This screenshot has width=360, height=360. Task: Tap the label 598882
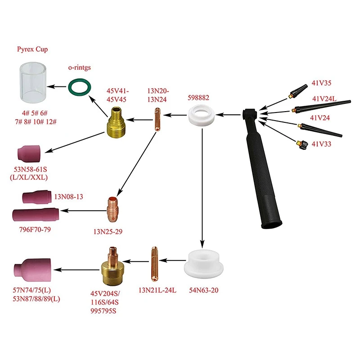(x=198, y=97)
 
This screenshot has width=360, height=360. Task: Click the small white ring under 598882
(x=202, y=115)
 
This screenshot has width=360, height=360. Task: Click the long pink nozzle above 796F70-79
(x=33, y=216)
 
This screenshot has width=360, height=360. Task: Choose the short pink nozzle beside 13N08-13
(x=36, y=198)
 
